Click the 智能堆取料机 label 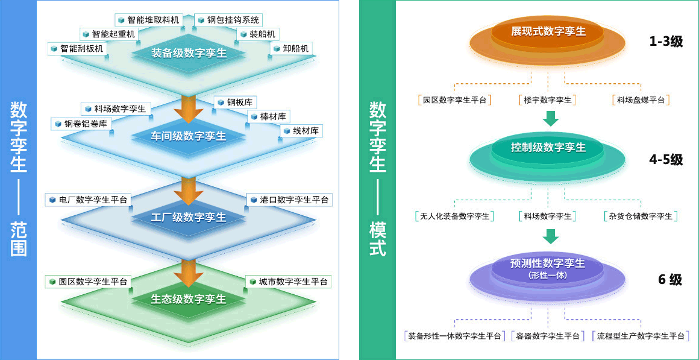point(148,20)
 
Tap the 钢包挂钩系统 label point(229,20)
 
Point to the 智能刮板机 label point(77,48)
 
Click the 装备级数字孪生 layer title point(189,54)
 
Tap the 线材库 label point(301,131)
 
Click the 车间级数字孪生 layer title point(189,136)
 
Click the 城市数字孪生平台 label point(289,282)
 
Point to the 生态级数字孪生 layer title point(189,299)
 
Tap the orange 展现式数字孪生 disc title point(548,32)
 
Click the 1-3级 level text point(666,42)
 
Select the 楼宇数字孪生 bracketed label point(548,100)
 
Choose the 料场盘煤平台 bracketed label point(641,100)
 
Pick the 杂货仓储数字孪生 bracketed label point(640,216)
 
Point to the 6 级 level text point(669,280)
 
